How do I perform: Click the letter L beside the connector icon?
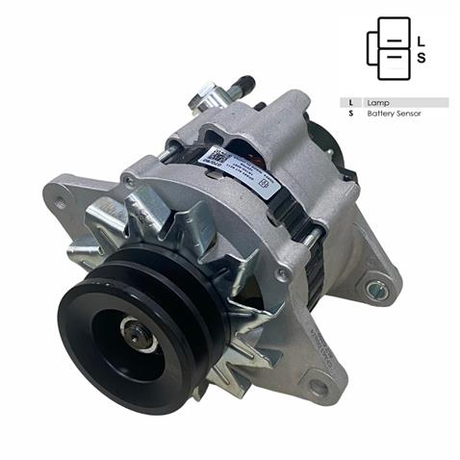[x=421, y=40]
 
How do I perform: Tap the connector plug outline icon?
[x=387, y=48]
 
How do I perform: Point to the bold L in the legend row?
[x=352, y=102]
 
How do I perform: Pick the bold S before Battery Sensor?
[x=352, y=114]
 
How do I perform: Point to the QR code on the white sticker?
[x=218, y=156]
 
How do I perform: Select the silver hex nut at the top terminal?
[x=205, y=95]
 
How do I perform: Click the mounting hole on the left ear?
[x=62, y=202]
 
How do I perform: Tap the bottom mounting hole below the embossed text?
[x=318, y=387]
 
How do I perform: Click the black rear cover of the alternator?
[x=332, y=144]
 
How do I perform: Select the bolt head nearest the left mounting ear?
[x=127, y=180]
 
